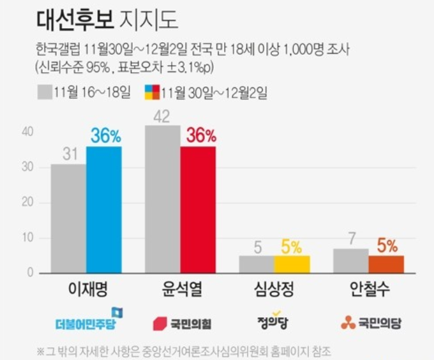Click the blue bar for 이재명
(103, 210)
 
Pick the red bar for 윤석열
(198, 210)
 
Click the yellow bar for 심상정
(292, 264)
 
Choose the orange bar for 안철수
(385, 264)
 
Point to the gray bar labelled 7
(350, 261)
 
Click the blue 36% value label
(105, 136)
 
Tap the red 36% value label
(200, 136)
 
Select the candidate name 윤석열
(181, 290)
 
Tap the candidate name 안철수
(368, 290)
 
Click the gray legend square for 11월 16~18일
(44, 93)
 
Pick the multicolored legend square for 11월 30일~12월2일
(152, 93)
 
